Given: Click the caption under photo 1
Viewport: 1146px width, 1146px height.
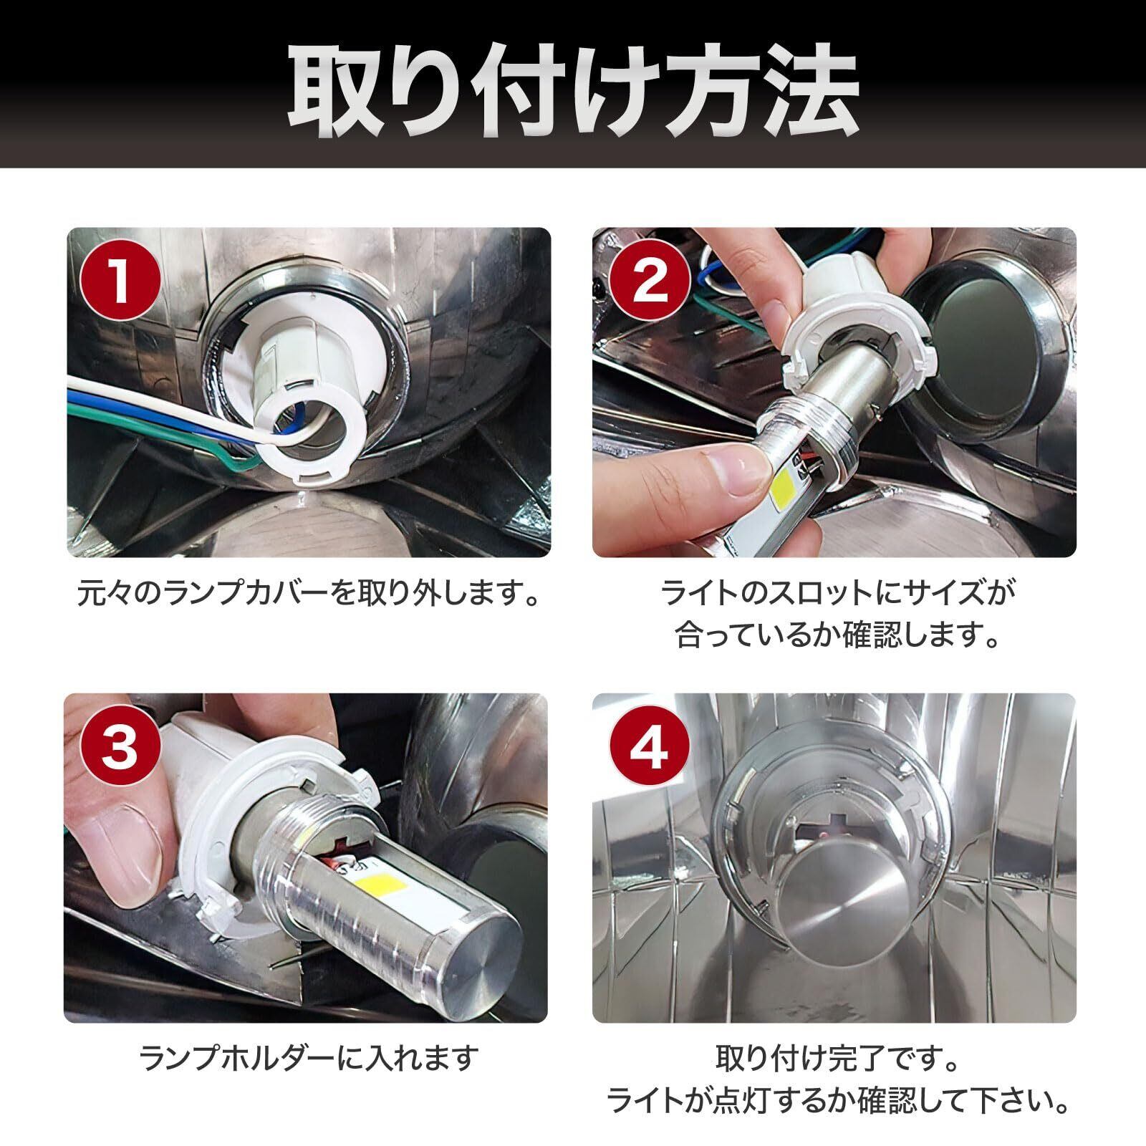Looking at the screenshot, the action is tap(308, 594).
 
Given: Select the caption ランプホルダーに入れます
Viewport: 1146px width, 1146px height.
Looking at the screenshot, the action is tap(308, 1059).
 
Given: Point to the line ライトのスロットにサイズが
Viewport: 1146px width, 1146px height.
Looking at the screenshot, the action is tap(835, 594).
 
